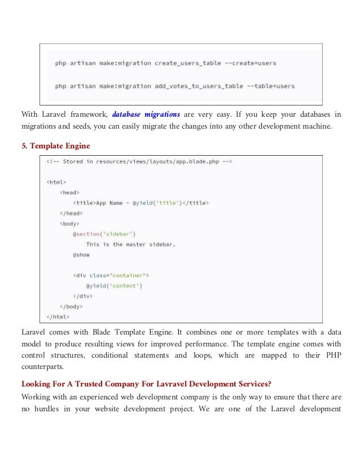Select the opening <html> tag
[x=56, y=182]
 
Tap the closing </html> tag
[x=58, y=316]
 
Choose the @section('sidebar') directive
[x=104, y=234]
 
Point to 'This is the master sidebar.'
[x=131, y=244]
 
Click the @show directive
[x=81, y=254]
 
